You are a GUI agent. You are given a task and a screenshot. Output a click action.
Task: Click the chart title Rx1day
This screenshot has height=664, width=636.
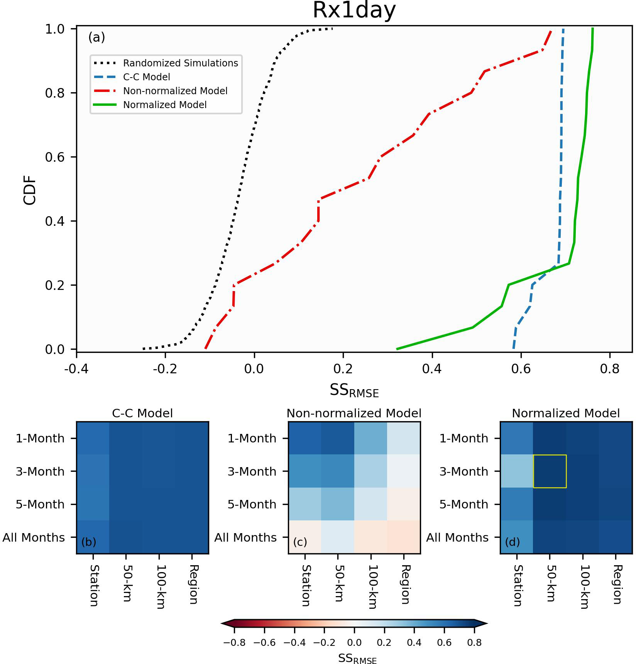pyautogui.click(x=354, y=10)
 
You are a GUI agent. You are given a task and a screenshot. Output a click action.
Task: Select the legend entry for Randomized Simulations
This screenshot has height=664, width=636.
pyautogui.click(x=180, y=63)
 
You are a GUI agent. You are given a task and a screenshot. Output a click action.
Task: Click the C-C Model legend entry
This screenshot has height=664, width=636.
pyautogui.click(x=146, y=77)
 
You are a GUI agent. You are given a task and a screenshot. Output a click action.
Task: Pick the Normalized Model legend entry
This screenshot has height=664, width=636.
pyautogui.click(x=164, y=105)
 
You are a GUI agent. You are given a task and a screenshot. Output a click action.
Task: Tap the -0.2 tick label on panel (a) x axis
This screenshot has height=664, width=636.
pyautogui.click(x=165, y=369)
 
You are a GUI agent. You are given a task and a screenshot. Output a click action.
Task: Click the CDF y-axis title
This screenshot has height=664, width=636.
pyautogui.click(x=30, y=190)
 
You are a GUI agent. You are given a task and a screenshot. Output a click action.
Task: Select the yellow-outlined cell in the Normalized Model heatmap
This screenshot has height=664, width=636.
pyautogui.click(x=550, y=471)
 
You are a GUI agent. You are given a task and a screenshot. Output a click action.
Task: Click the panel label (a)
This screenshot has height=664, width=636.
pyautogui.click(x=96, y=37)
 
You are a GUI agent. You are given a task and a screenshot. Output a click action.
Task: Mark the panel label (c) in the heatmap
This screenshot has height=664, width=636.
pyautogui.click(x=300, y=542)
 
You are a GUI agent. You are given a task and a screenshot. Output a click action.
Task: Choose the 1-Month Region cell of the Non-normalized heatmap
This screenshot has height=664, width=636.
pyautogui.click(x=404, y=439)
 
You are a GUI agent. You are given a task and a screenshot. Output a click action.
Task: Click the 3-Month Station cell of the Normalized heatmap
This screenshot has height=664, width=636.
pyautogui.click(x=517, y=471)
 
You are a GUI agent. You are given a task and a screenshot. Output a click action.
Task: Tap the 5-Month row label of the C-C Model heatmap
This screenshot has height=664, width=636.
pyautogui.click(x=40, y=505)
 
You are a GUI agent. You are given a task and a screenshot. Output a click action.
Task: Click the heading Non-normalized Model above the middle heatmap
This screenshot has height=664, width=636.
pyautogui.click(x=354, y=413)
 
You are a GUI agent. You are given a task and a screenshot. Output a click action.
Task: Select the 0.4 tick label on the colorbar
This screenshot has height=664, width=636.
pyautogui.click(x=414, y=643)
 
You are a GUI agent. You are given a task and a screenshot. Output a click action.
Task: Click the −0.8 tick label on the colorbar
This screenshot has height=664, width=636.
pyautogui.click(x=234, y=643)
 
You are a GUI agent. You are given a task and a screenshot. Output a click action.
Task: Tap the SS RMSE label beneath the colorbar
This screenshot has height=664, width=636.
pyautogui.click(x=357, y=658)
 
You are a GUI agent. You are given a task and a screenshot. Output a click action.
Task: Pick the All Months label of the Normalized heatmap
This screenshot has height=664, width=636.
pyautogui.click(x=457, y=538)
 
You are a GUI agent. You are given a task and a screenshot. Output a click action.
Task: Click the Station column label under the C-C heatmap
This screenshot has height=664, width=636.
pyautogui.click(x=94, y=585)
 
